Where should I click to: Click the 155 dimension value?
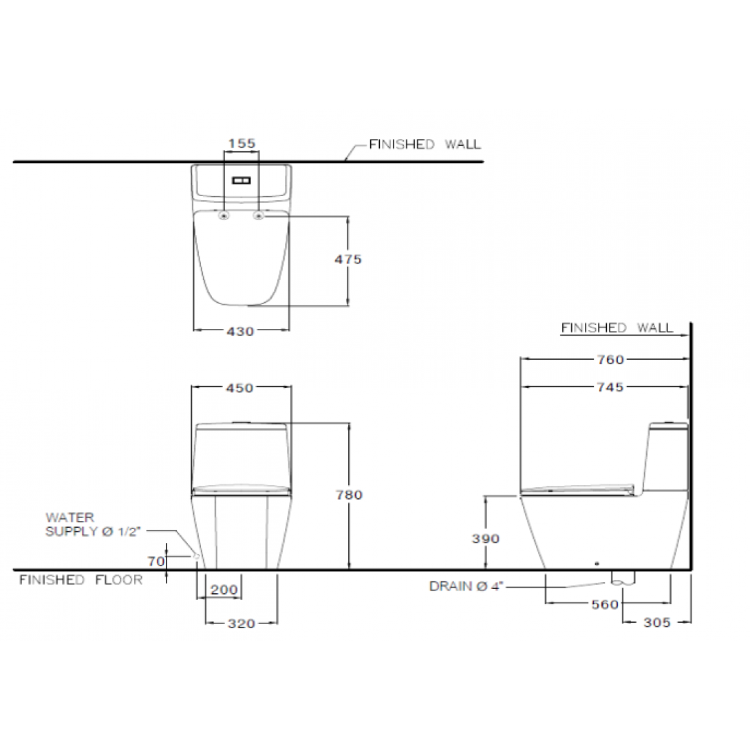tap(242, 144)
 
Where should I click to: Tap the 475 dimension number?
tap(348, 259)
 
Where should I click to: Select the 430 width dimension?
tap(240, 331)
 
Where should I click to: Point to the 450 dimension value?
tap(240, 388)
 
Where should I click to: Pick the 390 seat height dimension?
tap(486, 539)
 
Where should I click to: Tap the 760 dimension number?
tap(610, 359)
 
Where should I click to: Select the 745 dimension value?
tap(610, 387)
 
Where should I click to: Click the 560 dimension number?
tap(606, 605)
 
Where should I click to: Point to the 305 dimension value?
tap(657, 622)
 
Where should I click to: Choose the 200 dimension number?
tap(224, 590)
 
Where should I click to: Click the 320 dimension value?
tap(241, 623)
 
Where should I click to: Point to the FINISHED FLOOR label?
tap(81, 579)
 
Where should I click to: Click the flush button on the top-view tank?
tap(242, 180)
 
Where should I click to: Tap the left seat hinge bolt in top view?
tap(224, 216)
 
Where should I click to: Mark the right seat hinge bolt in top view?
tap(259, 216)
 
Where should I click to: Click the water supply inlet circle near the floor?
tap(197, 555)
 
